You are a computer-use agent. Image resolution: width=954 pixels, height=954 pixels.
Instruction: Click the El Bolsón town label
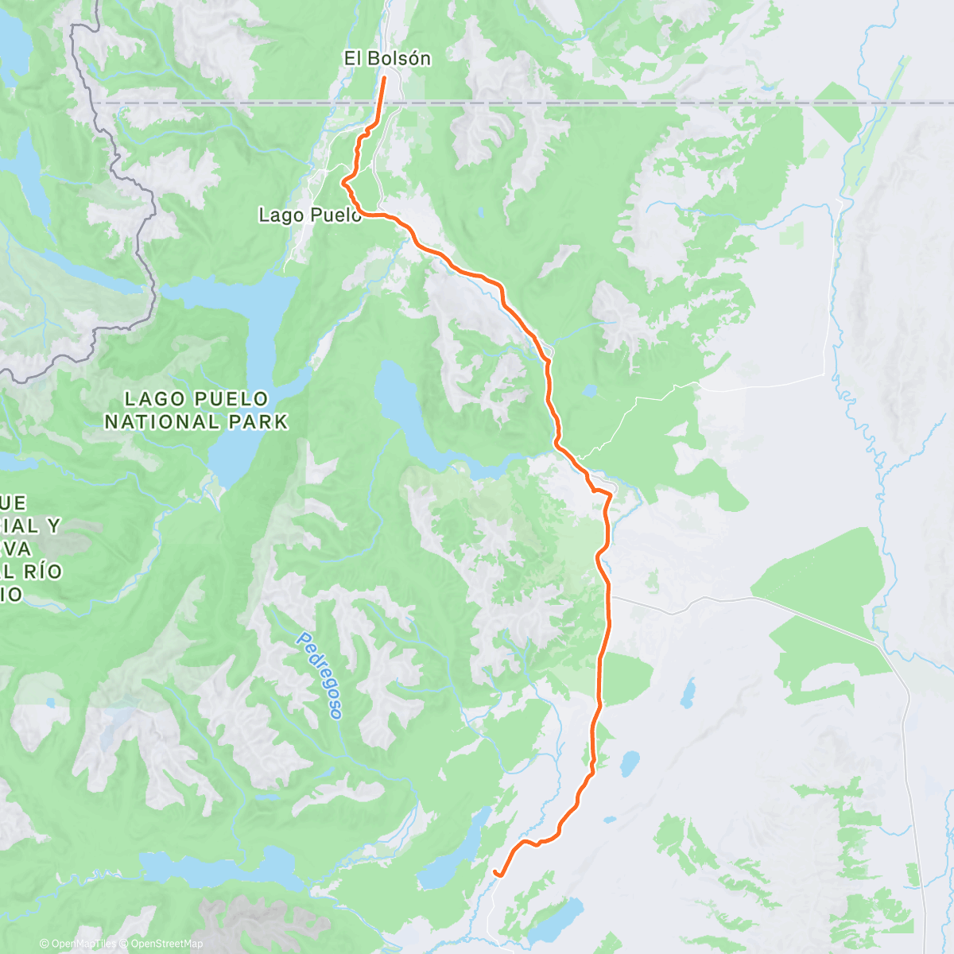[387, 58]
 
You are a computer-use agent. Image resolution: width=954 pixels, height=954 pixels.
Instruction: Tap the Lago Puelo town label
[310, 215]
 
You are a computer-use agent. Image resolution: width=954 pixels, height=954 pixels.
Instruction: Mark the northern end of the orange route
[385, 76]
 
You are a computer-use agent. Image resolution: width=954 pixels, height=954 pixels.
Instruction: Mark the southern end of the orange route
[495, 873]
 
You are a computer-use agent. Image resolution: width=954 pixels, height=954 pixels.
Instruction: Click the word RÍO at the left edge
[40, 572]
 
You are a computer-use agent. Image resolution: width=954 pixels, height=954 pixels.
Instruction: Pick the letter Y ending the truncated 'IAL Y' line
[54, 525]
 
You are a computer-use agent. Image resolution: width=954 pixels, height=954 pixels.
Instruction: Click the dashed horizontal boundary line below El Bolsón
[636, 103]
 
